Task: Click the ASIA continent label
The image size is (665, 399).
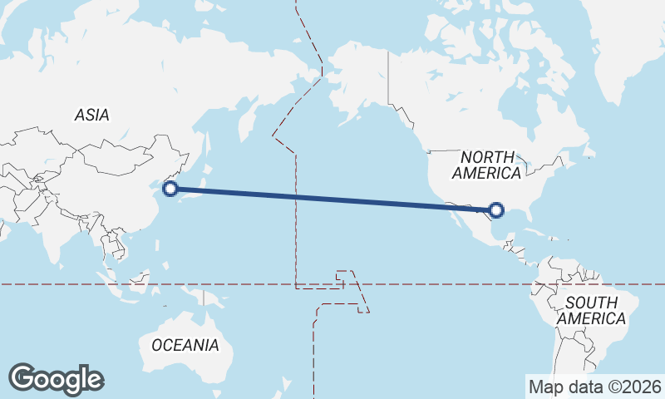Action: [x=91, y=116]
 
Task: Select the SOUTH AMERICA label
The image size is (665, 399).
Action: [x=591, y=310]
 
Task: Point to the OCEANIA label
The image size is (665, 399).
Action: [x=185, y=344]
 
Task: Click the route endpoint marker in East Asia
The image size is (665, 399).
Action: [x=170, y=189]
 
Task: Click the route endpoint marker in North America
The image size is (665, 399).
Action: [x=496, y=210]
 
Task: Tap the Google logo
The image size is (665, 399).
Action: [x=56, y=379]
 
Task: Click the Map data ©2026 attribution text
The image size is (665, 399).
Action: [x=595, y=387]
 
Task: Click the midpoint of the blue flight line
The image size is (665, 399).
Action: [x=333, y=199]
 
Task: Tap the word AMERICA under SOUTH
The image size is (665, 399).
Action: [x=591, y=318]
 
